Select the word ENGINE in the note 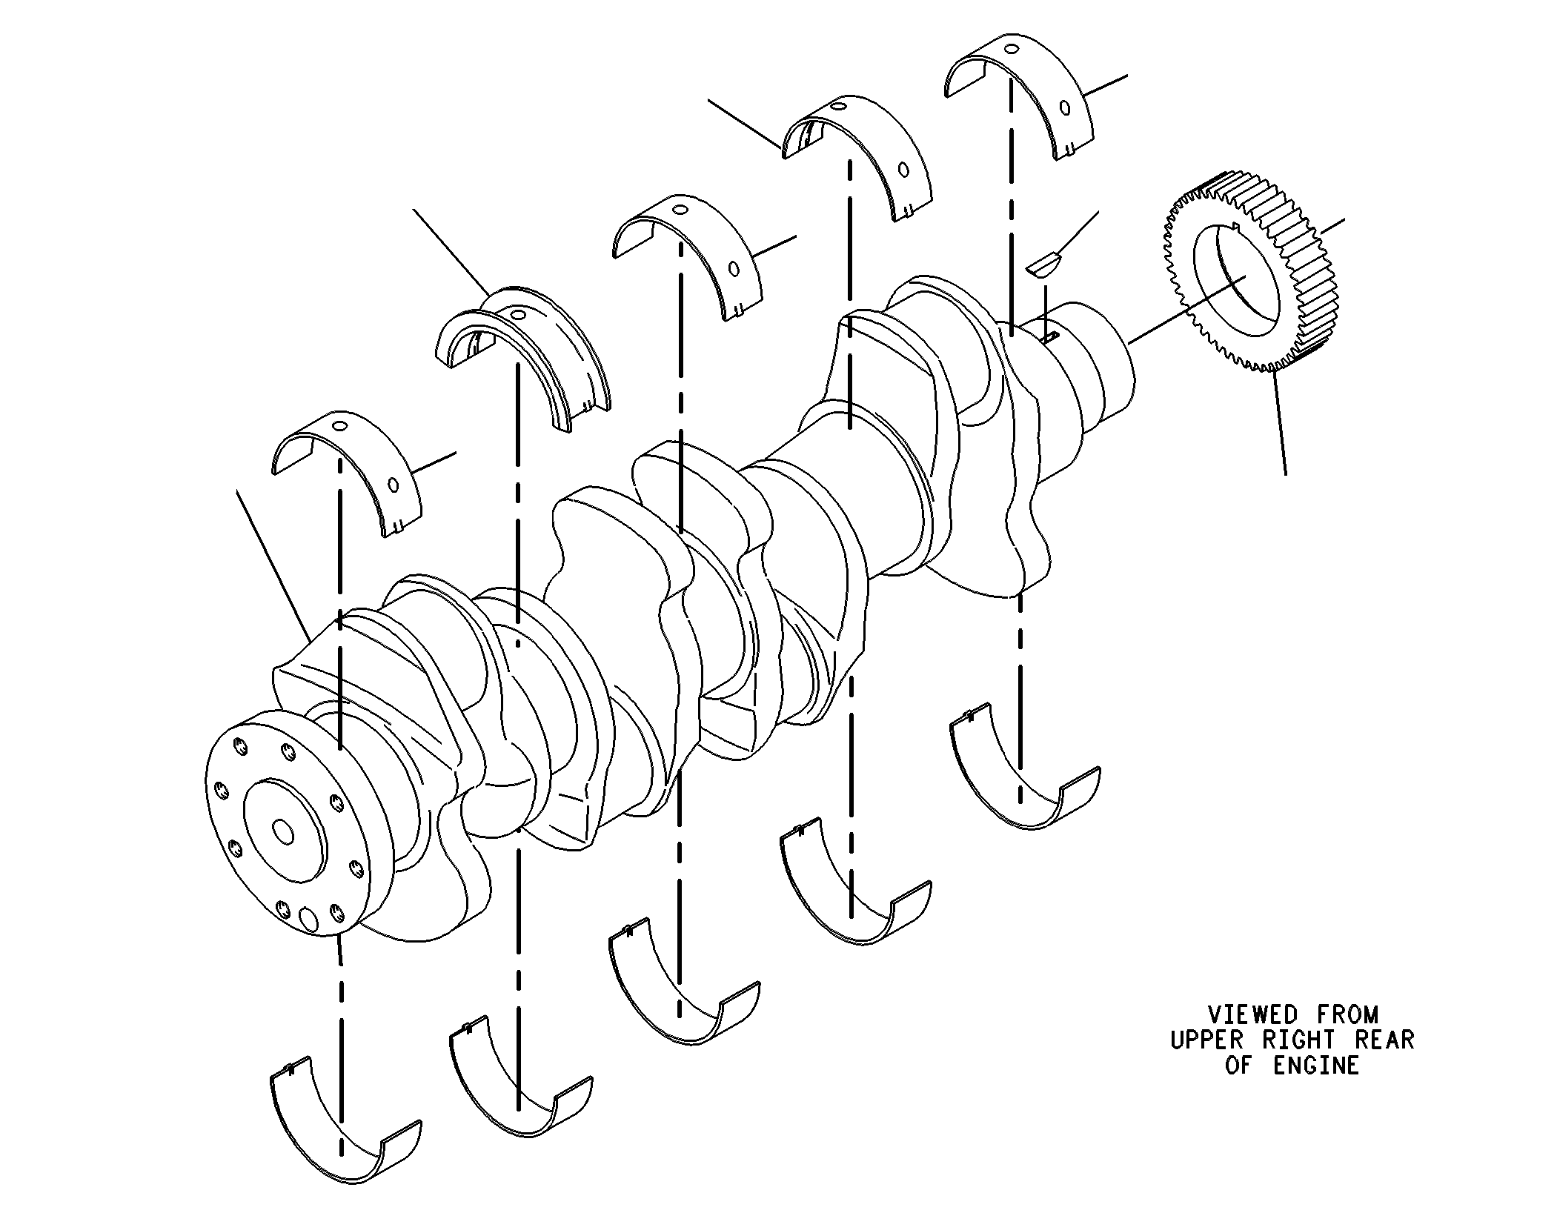pyautogui.click(x=1316, y=1066)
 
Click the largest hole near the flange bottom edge pyautogui.click(x=308, y=919)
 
